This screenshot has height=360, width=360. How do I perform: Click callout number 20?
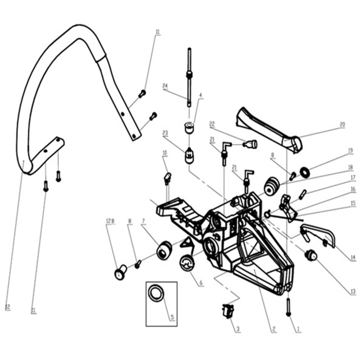[x=342, y=124]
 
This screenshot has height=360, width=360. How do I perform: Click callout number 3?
[x=237, y=329]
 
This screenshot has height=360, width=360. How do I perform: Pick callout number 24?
[x=165, y=86]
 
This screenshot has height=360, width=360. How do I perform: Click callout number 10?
[x=165, y=153]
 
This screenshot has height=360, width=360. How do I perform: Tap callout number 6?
[x=201, y=283]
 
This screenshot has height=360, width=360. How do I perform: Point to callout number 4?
[x=201, y=95]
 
